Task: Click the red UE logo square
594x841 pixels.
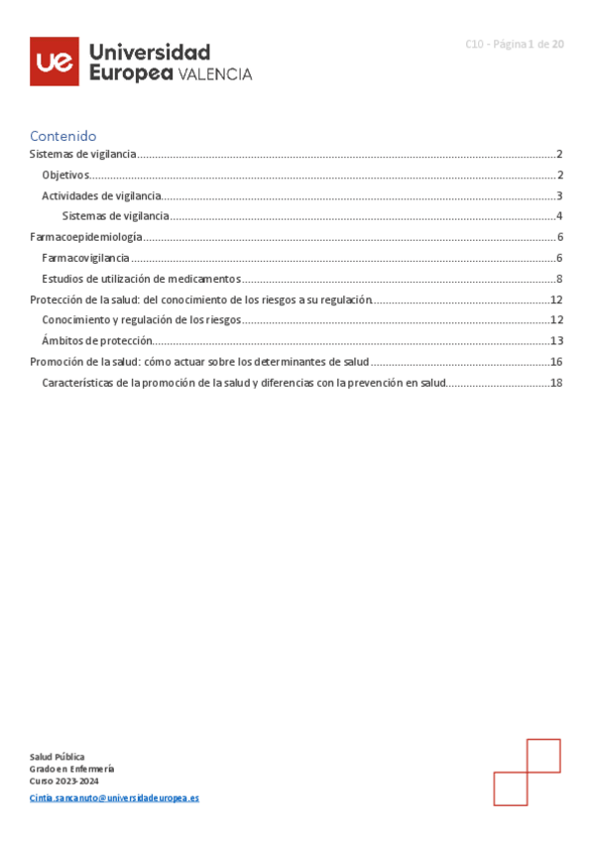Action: (x=54, y=61)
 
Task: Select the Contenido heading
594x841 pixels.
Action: (x=62, y=136)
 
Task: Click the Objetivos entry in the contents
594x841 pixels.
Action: (x=65, y=175)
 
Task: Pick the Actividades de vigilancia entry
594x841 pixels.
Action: (x=101, y=195)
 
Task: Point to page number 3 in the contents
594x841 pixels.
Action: (x=559, y=195)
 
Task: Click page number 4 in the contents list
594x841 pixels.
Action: (x=559, y=216)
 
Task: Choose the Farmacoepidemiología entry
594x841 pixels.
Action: (x=86, y=237)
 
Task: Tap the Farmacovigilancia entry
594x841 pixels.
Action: (x=85, y=258)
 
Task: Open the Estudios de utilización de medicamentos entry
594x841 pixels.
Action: (x=141, y=279)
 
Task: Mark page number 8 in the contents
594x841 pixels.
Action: (x=559, y=279)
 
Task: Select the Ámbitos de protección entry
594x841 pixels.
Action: (x=97, y=341)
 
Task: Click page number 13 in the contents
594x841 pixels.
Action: (x=556, y=341)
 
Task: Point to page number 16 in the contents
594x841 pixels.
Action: (x=556, y=362)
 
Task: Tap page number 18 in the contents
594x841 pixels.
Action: (x=556, y=383)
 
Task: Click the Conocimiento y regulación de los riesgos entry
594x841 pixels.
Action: (x=141, y=320)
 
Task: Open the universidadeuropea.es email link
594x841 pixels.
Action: (x=114, y=797)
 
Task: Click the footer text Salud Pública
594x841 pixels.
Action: (x=57, y=757)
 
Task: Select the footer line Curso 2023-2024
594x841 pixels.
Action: (x=63, y=781)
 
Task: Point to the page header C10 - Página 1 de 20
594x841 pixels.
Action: (x=515, y=44)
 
